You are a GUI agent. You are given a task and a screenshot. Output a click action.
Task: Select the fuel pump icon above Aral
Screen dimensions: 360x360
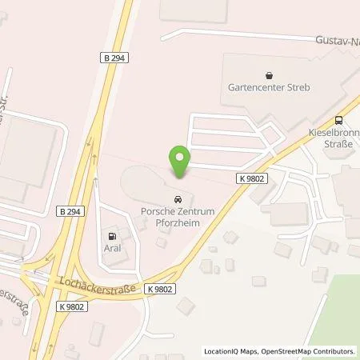(x=112, y=236)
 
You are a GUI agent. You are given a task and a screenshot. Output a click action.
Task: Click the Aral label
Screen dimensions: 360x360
(x=112, y=249)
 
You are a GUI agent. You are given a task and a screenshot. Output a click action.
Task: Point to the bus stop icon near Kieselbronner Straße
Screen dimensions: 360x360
(x=339, y=117)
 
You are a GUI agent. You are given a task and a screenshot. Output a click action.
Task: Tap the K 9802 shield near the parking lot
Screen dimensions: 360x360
(x=250, y=179)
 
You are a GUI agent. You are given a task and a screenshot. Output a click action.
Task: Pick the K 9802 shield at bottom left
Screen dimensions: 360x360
(x=70, y=306)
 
